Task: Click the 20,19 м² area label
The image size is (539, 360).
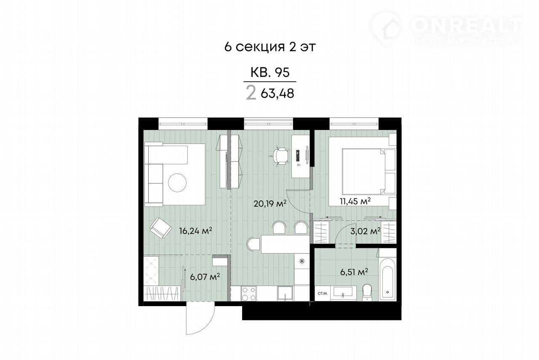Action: (270, 204)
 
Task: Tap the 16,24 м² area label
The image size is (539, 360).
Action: (196, 231)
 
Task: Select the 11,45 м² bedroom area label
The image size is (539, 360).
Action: (355, 201)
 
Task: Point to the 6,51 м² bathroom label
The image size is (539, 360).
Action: (354, 272)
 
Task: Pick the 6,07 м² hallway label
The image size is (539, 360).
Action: (205, 277)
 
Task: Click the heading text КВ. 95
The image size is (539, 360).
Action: (270, 72)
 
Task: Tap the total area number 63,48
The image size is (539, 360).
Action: (278, 93)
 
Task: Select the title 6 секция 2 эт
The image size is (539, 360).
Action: (270, 47)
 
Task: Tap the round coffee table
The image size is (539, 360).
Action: (177, 183)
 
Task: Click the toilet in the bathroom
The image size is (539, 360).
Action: (367, 292)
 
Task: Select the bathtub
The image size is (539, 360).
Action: (387, 279)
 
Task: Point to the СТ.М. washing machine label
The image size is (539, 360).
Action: (323, 293)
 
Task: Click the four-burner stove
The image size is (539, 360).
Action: (249, 293)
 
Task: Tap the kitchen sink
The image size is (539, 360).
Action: (285, 293)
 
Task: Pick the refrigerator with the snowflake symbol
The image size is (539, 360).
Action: (302, 261)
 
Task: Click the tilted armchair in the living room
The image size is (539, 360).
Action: (160, 228)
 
